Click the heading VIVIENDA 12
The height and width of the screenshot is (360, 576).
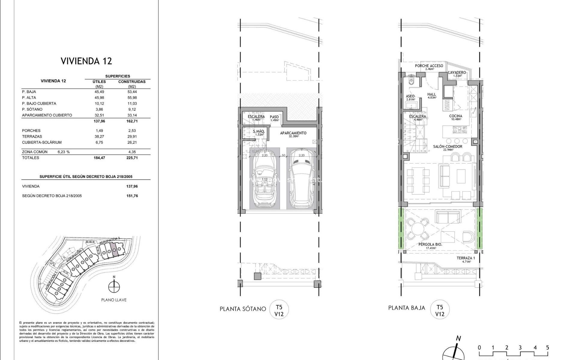[86, 61]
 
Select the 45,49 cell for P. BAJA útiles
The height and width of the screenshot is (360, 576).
[99, 92]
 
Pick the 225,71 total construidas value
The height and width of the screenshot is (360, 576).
[132, 158]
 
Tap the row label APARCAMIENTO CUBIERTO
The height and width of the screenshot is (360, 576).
[47, 115]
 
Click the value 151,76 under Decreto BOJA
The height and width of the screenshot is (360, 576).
[132, 196]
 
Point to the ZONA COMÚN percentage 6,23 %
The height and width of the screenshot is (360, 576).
[63, 152]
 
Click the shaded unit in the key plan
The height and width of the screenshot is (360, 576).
[114, 249]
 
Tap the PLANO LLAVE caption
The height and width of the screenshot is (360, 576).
[114, 300]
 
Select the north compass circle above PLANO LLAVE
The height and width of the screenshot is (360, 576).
[114, 287]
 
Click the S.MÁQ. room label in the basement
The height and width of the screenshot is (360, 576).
[259, 132]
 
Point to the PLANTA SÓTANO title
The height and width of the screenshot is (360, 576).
[243, 309]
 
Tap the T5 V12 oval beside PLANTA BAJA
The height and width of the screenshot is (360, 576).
[439, 310]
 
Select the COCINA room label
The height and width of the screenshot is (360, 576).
[455, 116]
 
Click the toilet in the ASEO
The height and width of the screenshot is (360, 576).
[411, 82]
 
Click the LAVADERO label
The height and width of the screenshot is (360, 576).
[457, 73]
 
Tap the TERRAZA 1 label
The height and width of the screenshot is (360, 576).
[466, 258]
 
